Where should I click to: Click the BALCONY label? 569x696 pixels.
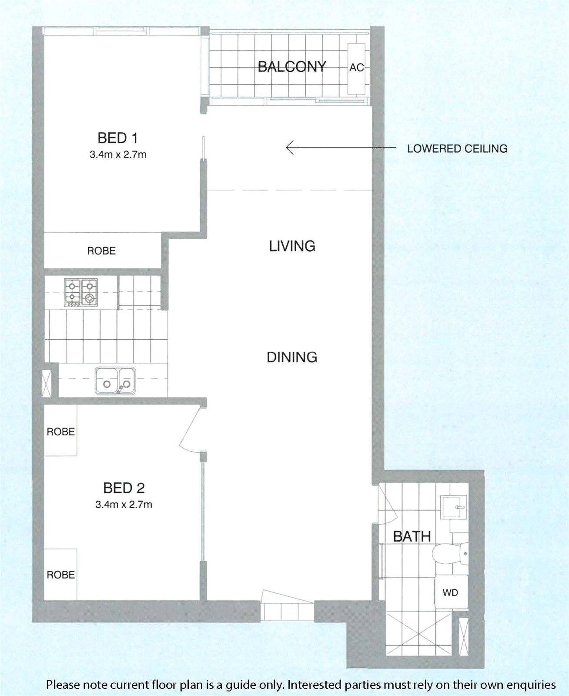(292, 67)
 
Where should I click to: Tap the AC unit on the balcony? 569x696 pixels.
(356, 68)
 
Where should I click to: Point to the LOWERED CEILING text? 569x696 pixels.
(457, 148)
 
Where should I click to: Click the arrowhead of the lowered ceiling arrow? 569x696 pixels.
(287, 147)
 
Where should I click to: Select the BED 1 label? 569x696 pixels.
(117, 138)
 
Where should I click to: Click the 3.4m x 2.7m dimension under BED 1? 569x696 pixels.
(118, 154)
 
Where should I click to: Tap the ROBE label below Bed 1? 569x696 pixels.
(101, 251)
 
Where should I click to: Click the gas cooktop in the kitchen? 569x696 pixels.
(81, 293)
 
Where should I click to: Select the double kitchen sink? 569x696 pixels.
(115, 381)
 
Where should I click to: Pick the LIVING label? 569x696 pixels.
(292, 246)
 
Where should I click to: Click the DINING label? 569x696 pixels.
(292, 357)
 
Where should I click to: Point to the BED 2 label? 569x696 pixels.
(124, 488)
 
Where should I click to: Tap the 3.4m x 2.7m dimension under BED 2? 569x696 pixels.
(124, 504)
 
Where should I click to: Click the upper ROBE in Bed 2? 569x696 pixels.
(61, 432)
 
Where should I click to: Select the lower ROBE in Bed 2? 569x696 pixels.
(61, 575)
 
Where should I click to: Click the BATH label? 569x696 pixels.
(412, 537)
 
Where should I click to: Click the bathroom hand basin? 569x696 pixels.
(454, 507)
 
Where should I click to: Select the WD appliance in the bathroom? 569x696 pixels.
(451, 593)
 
